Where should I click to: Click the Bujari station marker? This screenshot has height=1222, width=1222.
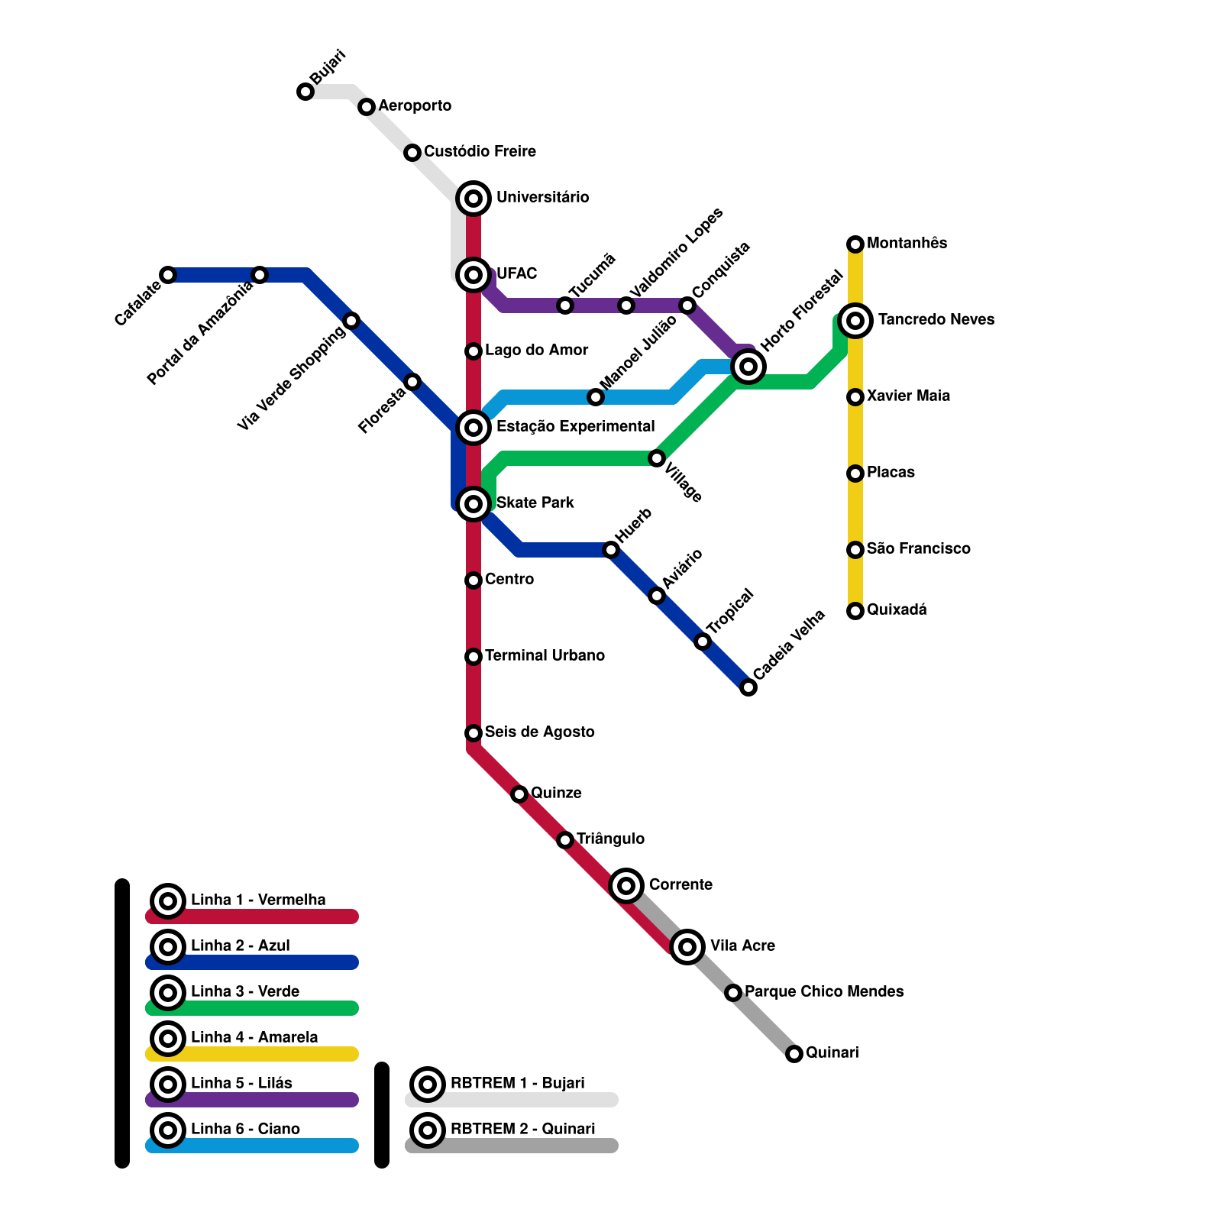[x=305, y=92]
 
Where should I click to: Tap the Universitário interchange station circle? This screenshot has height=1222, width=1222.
[x=474, y=199]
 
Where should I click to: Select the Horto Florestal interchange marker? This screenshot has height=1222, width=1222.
[x=748, y=367]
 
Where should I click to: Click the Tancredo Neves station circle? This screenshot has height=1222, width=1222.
[x=855, y=321]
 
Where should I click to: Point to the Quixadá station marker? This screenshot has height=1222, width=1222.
[x=855, y=611]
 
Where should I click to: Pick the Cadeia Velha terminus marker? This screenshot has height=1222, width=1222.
[x=748, y=687]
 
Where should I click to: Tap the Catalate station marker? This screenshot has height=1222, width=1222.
[x=168, y=275]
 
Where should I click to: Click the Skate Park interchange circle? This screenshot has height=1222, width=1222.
[x=474, y=504]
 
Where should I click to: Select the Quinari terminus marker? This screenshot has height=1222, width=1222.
[x=794, y=1054]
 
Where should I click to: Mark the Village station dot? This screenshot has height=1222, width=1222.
[x=657, y=458]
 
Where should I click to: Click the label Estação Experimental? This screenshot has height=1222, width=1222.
[x=575, y=426]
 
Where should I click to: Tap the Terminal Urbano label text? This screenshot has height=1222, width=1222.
[x=545, y=655]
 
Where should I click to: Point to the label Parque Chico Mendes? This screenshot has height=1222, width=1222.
[x=824, y=991]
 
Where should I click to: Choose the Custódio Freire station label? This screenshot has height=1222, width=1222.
[x=480, y=151]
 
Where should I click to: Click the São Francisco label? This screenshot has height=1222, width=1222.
[x=918, y=548]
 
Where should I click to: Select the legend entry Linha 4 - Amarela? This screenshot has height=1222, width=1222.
[x=254, y=1037]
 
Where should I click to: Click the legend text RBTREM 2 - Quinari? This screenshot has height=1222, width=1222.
[x=522, y=1129]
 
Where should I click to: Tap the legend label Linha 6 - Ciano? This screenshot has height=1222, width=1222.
[x=245, y=1129]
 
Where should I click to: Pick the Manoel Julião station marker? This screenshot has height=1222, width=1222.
[x=596, y=397]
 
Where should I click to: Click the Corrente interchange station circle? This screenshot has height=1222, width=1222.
[x=626, y=886]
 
